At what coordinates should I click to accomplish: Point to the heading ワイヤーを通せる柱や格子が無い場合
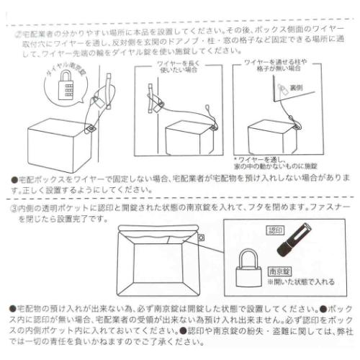pyautogui.click(x=276, y=69)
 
